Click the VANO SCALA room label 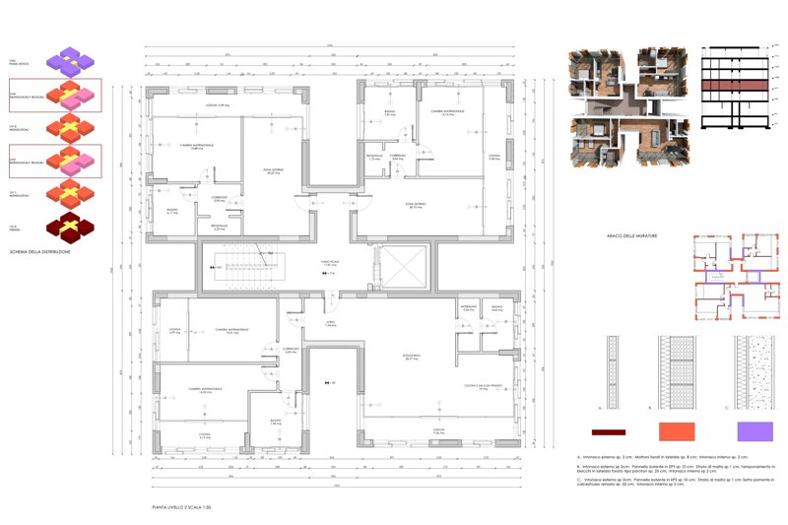coord(329,263)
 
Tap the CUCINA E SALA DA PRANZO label coord(483,386)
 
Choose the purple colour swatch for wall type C coord(755,431)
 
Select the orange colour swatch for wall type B coord(675,431)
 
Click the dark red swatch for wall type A coord(609,431)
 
